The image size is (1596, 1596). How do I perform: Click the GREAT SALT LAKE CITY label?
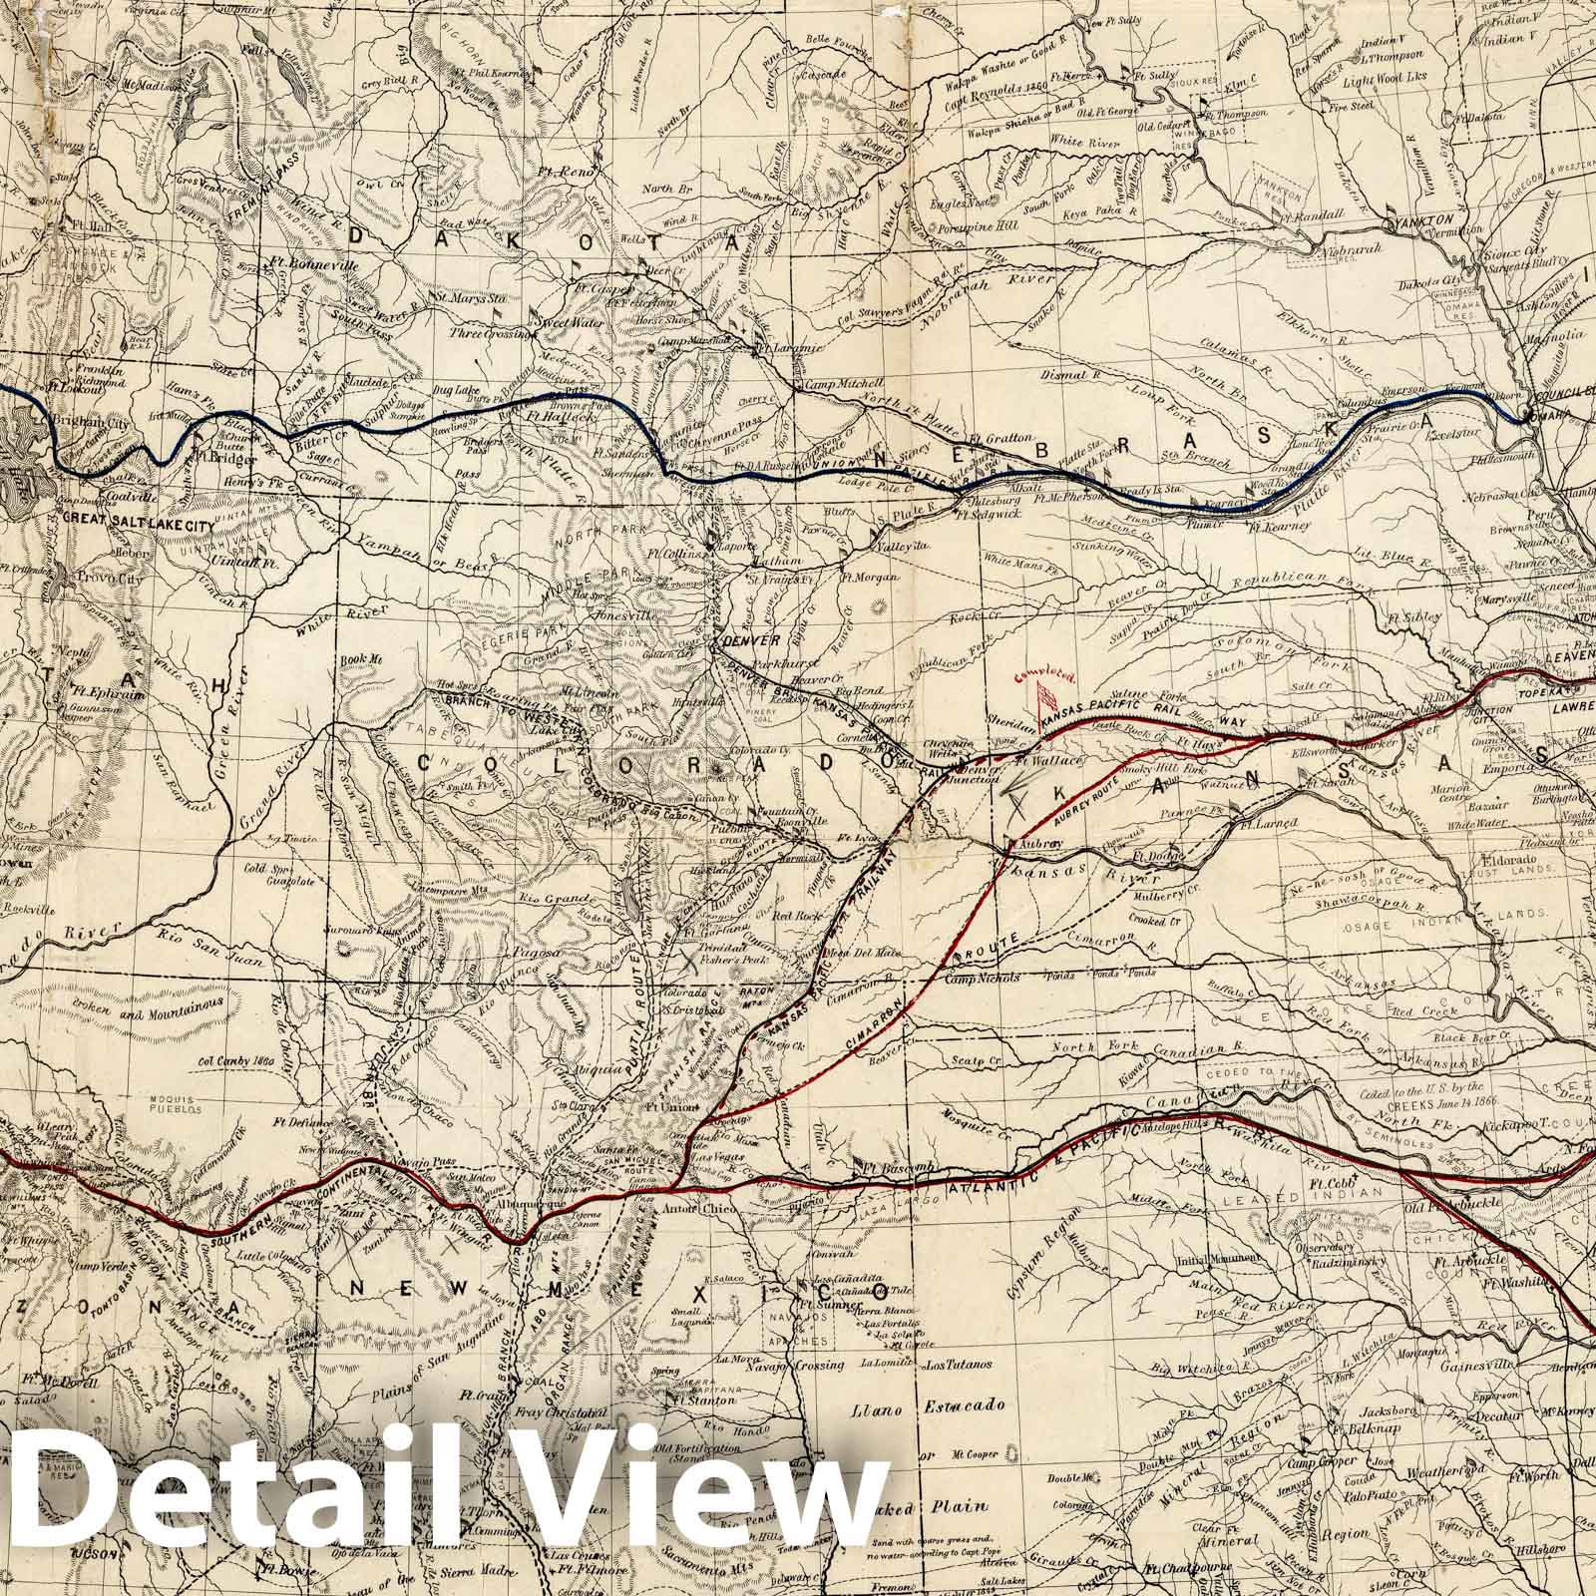[123, 518]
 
